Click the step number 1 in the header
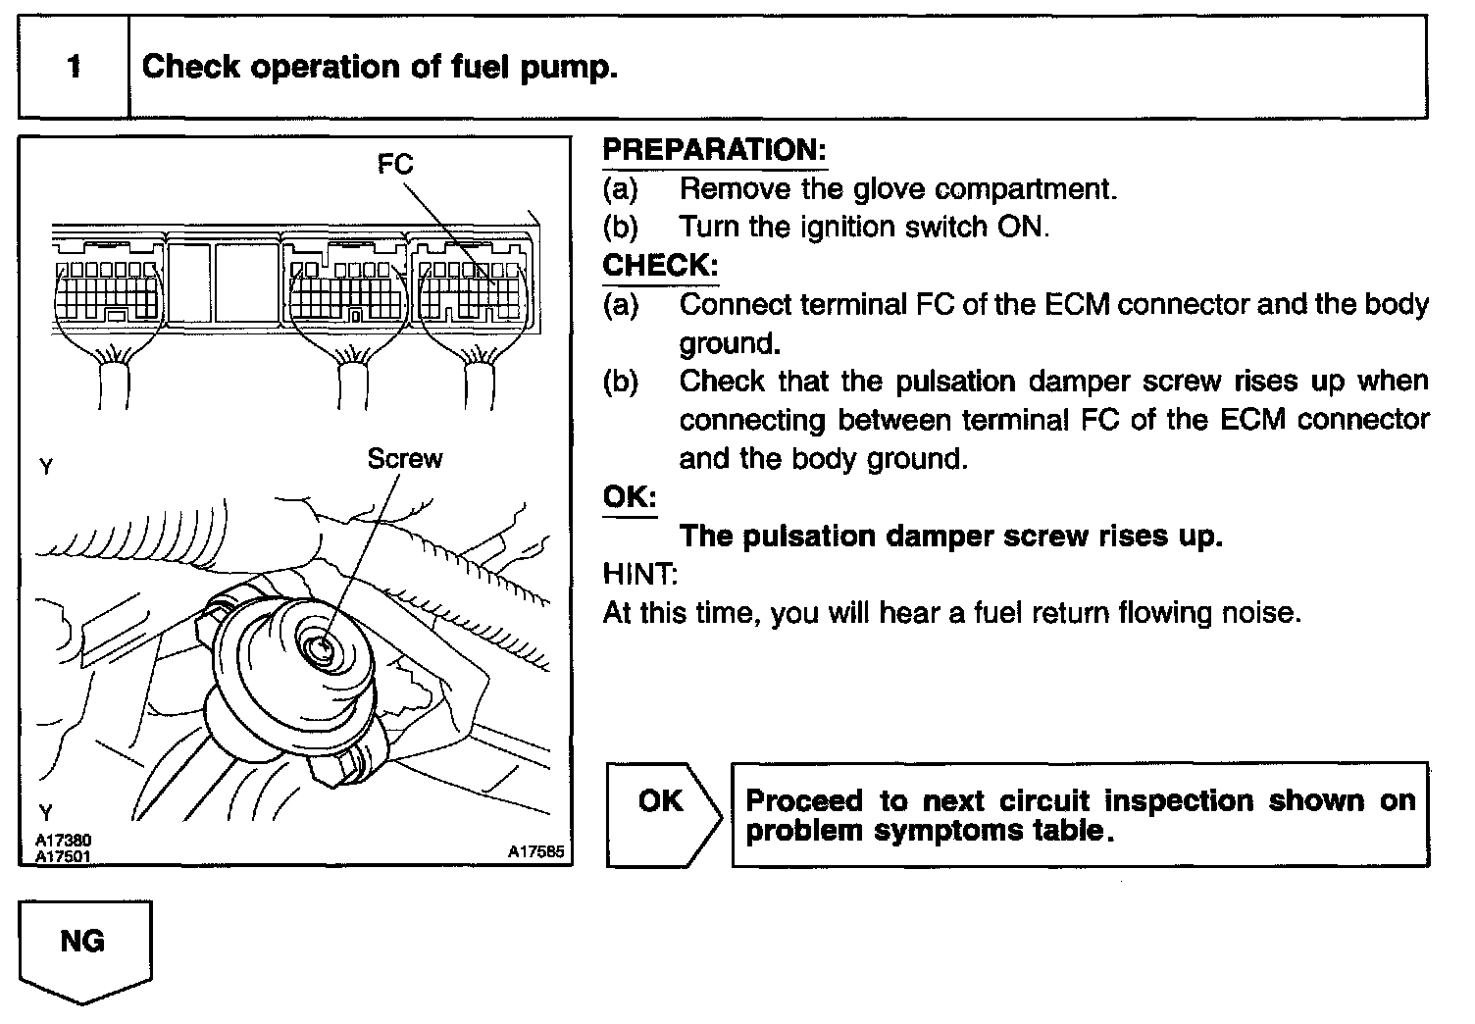[x=74, y=68]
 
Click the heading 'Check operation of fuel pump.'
[x=380, y=68]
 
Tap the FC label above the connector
[x=395, y=165]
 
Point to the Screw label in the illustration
[x=404, y=459]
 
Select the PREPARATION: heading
[x=714, y=150]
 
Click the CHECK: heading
[x=660, y=266]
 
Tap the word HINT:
[x=639, y=574]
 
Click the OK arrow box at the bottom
[x=662, y=814]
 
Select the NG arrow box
[x=84, y=947]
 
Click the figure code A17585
[x=535, y=853]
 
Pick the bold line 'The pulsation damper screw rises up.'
[x=950, y=536]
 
